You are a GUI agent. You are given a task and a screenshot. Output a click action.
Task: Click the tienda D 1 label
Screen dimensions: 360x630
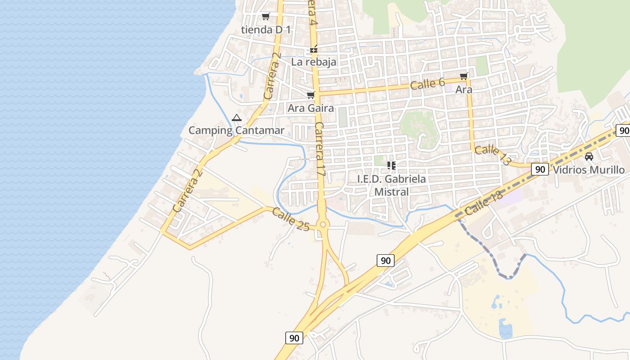[266, 30]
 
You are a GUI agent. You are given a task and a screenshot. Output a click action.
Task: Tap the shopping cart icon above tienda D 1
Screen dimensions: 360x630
[265, 17]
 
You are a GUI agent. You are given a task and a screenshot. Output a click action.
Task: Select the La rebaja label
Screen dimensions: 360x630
[314, 62]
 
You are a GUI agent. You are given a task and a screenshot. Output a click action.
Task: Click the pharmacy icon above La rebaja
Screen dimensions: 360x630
[314, 49]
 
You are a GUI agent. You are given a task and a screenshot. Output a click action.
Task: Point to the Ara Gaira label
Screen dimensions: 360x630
[311, 108]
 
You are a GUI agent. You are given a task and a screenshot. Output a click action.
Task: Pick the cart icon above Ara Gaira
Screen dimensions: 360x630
[310, 95]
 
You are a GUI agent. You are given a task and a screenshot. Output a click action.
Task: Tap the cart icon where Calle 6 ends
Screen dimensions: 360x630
[463, 76]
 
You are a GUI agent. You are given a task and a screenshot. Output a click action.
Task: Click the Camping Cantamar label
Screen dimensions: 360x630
[236, 131]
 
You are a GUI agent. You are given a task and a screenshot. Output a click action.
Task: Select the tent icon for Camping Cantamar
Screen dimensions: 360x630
[237, 118]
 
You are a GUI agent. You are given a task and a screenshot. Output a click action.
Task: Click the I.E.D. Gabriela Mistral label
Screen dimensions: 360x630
[391, 185]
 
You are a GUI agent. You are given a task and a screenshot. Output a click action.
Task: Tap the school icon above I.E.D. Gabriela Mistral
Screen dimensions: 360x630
[391, 166]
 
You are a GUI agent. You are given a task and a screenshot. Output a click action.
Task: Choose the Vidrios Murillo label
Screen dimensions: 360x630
[589, 170]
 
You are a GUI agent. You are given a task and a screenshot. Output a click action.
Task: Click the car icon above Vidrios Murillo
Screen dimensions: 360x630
[589, 157]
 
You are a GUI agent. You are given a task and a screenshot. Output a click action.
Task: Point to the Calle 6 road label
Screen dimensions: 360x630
[427, 84]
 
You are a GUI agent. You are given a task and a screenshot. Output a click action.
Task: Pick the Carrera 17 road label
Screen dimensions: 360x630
[320, 148]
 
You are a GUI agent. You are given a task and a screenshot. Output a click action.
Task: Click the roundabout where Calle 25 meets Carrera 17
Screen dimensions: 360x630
[323, 225]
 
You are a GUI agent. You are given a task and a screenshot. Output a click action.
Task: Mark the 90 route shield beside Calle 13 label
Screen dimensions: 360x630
[540, 170]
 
